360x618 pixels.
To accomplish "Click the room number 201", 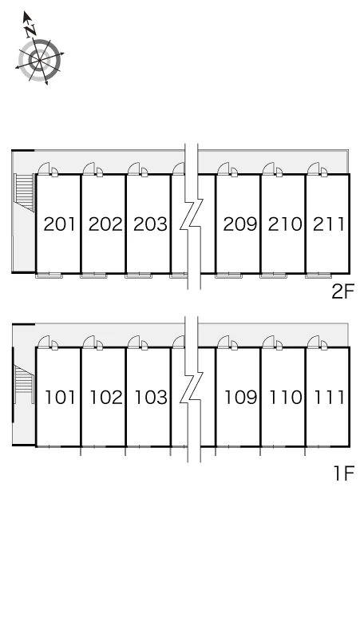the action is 59,224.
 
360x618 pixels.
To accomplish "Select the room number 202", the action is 105,224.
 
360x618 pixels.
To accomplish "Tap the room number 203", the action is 150,224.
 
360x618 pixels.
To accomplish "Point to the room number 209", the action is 240,224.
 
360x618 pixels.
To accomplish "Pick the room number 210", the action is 285,224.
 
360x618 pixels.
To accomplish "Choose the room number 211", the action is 329,224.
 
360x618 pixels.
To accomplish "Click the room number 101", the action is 60,397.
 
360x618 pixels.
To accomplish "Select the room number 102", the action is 106,397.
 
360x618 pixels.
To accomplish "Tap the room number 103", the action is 151,397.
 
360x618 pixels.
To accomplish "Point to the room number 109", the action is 240,397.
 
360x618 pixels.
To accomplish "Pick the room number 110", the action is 286,397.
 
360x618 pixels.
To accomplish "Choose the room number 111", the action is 330,397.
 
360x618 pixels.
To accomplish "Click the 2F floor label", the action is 343,291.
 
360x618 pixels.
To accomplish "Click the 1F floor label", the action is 344,473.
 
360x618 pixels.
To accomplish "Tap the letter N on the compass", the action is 30,30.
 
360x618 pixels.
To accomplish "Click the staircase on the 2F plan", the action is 24,192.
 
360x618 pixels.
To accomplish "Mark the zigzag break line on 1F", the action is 192,389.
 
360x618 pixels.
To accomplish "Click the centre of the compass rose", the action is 40,61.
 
